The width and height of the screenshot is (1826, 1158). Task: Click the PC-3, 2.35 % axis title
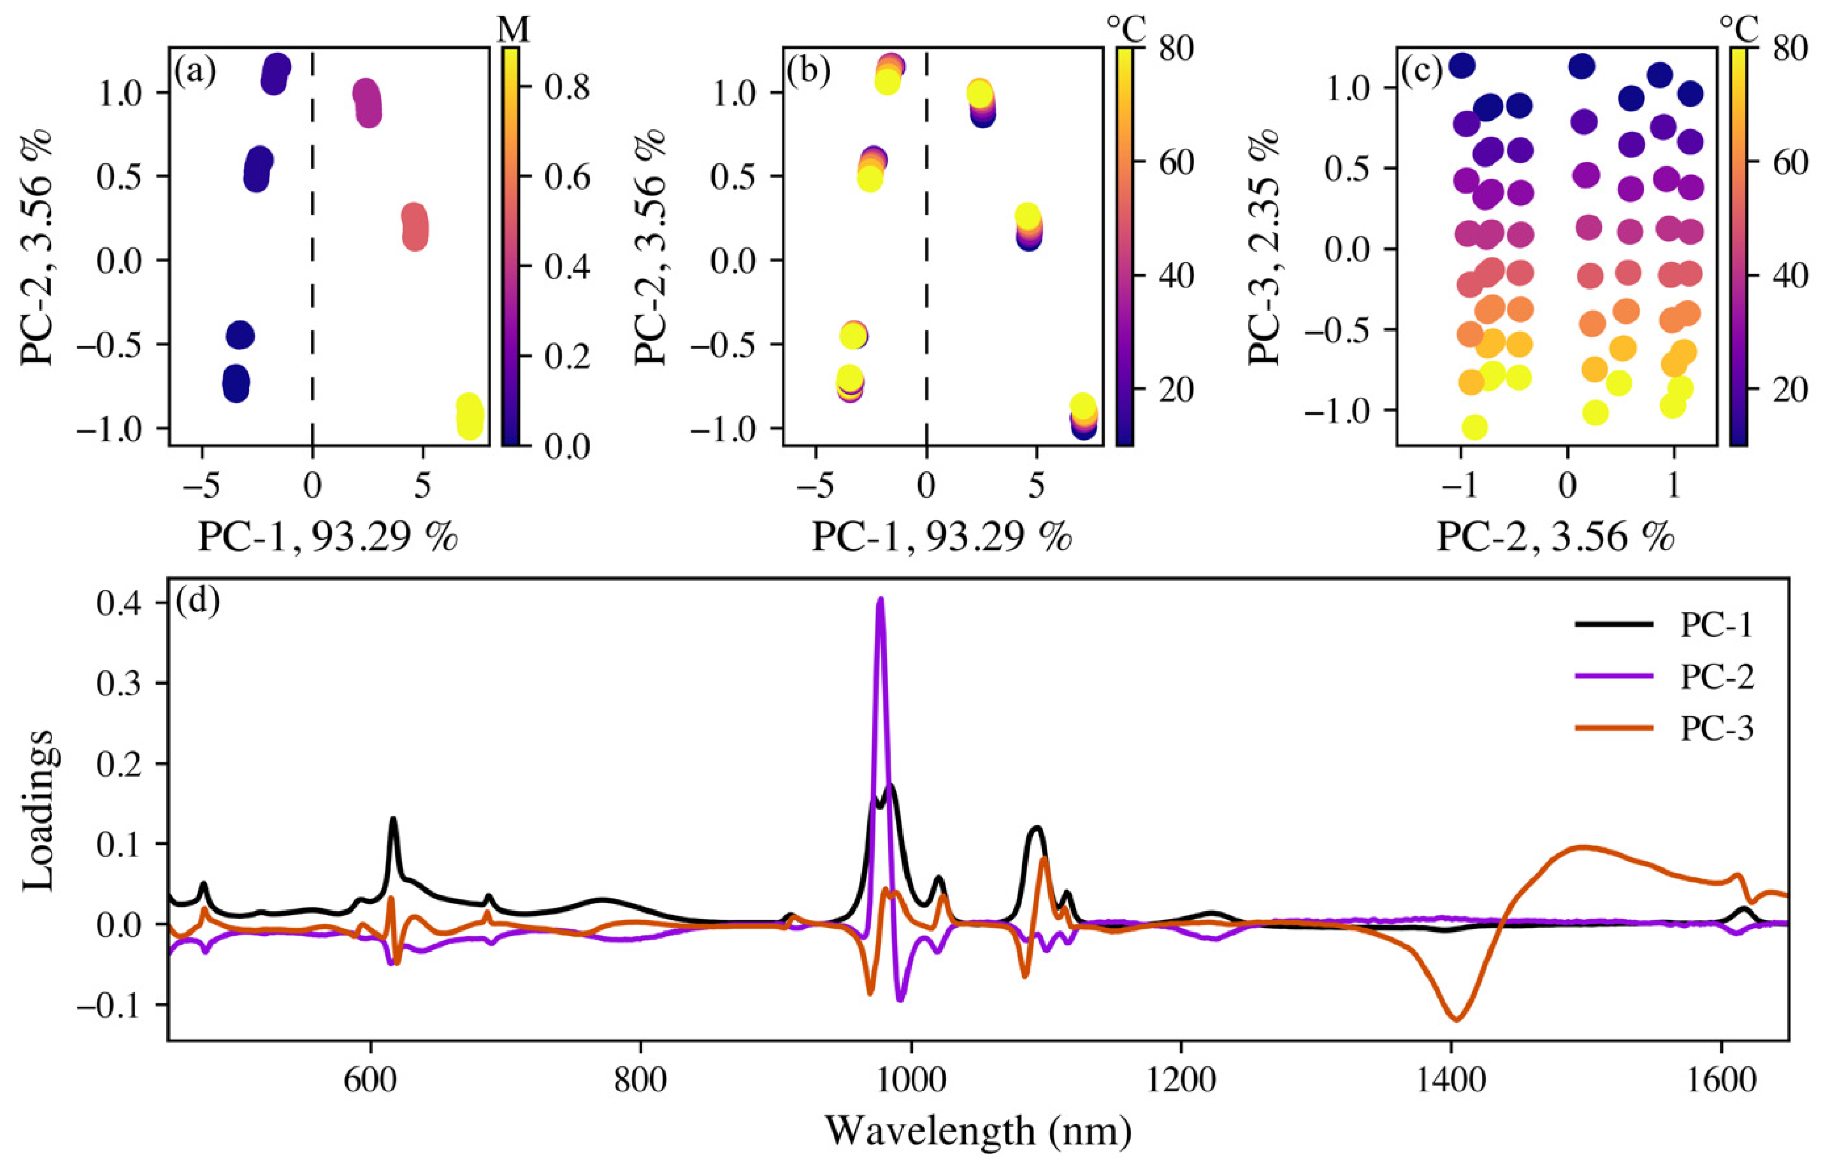1265,246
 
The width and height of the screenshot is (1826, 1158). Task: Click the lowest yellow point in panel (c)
1474,427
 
